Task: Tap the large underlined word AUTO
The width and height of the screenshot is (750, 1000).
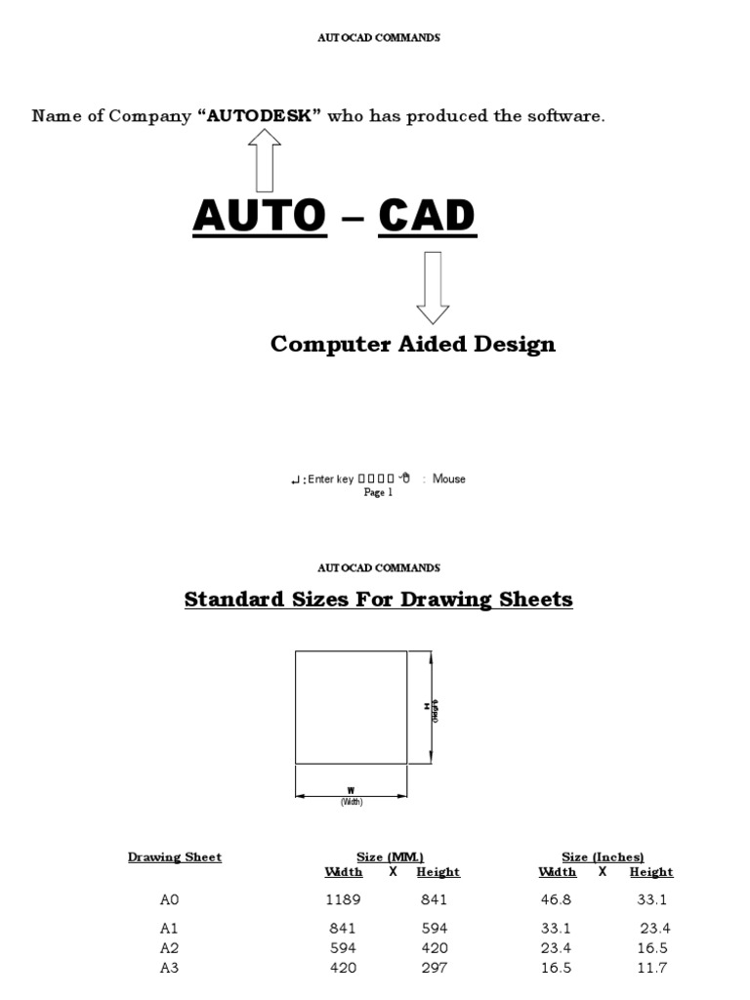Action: click(x=260, y=216)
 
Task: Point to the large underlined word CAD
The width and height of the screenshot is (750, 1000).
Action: click(x=427, y=216)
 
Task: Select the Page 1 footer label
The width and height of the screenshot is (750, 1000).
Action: click(x=378, y=493)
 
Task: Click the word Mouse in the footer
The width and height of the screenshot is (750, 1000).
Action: click(x=449, y=479)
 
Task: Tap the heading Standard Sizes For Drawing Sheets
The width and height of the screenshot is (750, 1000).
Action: click(x=378, y=599)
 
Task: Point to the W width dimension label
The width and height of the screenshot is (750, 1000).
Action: click(x=351, y=789)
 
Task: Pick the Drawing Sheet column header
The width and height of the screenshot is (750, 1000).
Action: click(x=175, y=857)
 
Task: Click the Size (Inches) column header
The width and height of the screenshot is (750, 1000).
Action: click(x=603, y=857)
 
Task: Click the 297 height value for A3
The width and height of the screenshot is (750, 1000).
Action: click(x=435, y=969)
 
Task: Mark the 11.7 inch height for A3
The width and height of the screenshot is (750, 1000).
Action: click(x=651, y=969)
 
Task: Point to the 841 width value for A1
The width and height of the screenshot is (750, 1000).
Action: click(x=343, y=929)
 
